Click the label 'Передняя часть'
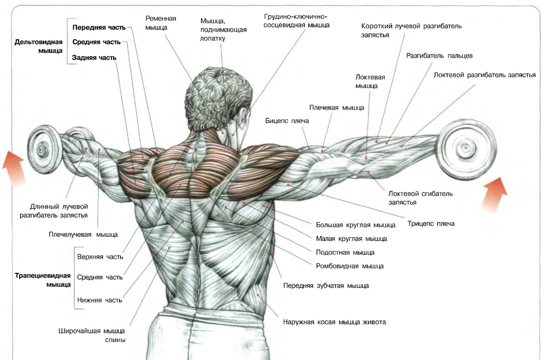pyautogui.click(x=99, y=27)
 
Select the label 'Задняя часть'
pyautogui.click(x=94, y=58)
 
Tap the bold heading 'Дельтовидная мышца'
pyautogui.click(x=39, y=46)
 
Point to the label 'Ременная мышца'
pyautogui.click(x=160, y=23)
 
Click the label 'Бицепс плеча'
pyautogui.click(x=287, y=121)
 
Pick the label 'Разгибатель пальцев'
pyautogui.click(x=439, y=56)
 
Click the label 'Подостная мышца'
pyautogui.click(x=345, y=252)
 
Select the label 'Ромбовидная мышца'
pyautogui.click(x=350, y=266)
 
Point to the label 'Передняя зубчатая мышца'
pyautogui.click(x=326, y=286)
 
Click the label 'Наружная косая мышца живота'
pyautogui.click(x=334, y=322)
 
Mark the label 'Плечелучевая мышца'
pyautogui.click(x=83, y=235)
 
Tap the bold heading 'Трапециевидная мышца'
pyautogui.click(x=43, y=280)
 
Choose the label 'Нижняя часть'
pyautogui.click(x=100, y=300)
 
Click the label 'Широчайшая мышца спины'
pyautogui.click(x=92, y=335)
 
